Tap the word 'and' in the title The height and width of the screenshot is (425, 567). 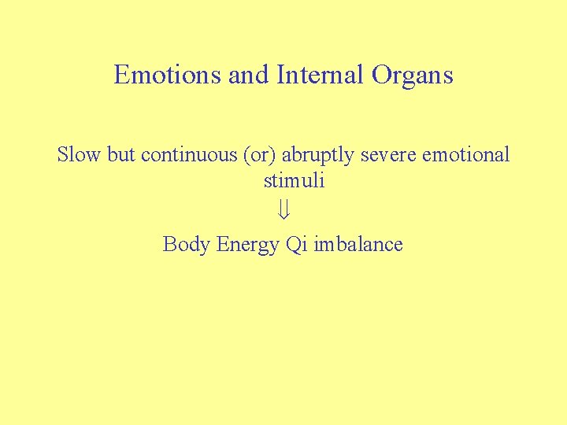[x=249, y=75]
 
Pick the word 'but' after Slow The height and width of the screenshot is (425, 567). [x=122, y=154]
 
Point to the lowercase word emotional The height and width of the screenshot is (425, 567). [x=466, y=154]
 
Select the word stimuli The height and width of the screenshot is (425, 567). [x=294, y=180]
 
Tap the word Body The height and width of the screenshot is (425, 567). [x=186, y=245]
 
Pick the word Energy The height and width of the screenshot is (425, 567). [x=247, y=246]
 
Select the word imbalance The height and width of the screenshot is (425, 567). [x=358, y=244]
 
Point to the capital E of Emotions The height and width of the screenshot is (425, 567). [x=121, y=75]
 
